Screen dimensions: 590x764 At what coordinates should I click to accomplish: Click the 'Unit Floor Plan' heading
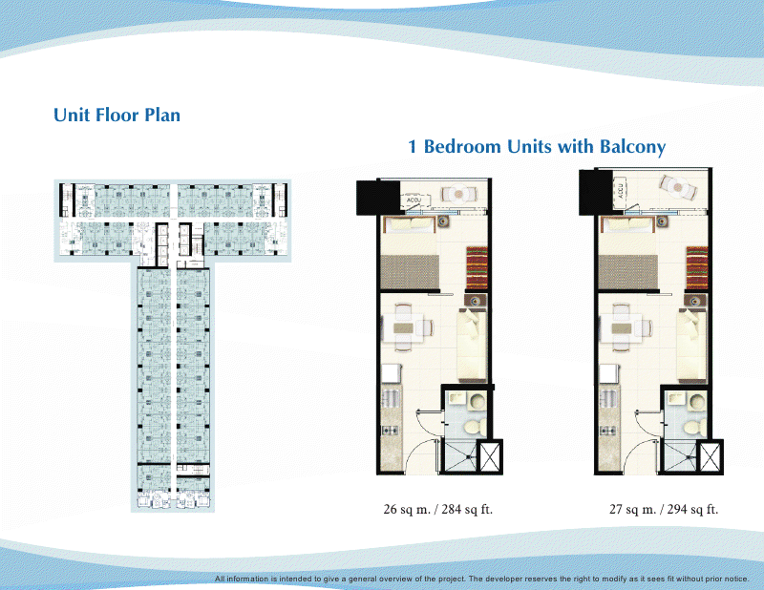(x=117, y=116)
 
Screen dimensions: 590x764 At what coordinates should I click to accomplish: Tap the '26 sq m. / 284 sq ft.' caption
(x=437, y=510)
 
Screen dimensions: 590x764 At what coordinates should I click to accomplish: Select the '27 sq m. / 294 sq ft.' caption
(x=664, y=510)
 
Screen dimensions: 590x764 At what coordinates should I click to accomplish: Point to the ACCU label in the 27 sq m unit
(x=621, y=188)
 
